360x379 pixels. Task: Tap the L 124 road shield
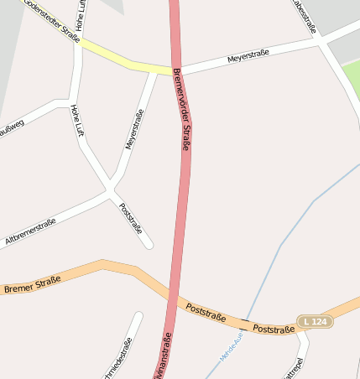tap(315, 322)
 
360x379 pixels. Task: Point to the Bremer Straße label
tap(32, 284)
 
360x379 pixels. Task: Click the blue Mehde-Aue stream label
tap(231, 345)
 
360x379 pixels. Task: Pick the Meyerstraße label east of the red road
tap(248, 56)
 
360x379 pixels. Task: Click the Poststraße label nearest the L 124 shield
tap(274, 329)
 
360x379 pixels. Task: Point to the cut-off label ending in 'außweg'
tap(12, 127)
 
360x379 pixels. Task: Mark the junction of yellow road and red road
tap(175, 70)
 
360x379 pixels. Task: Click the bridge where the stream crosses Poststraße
tap(245, 322)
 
